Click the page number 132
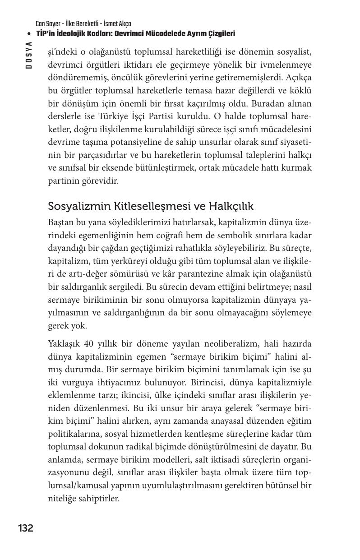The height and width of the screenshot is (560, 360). [26, 528]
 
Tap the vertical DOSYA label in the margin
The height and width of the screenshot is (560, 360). [29, 55]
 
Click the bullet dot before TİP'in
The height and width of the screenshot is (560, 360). [29, 34]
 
